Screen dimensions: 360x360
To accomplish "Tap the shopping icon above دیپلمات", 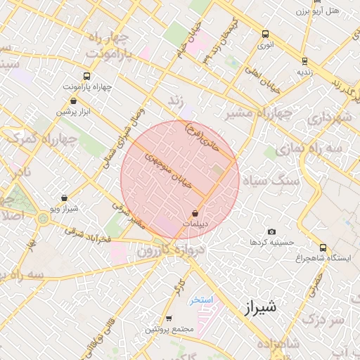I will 195,212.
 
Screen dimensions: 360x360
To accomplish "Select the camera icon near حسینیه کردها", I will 271,231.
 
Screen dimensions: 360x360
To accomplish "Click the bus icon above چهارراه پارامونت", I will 86,76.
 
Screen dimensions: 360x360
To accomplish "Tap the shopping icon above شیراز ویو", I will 64,198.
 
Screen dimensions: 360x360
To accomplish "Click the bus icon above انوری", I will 265,34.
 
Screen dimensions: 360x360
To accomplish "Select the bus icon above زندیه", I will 304,61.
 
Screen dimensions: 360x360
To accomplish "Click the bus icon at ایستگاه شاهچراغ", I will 323,247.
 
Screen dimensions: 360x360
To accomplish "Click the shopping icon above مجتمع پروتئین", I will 168,319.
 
